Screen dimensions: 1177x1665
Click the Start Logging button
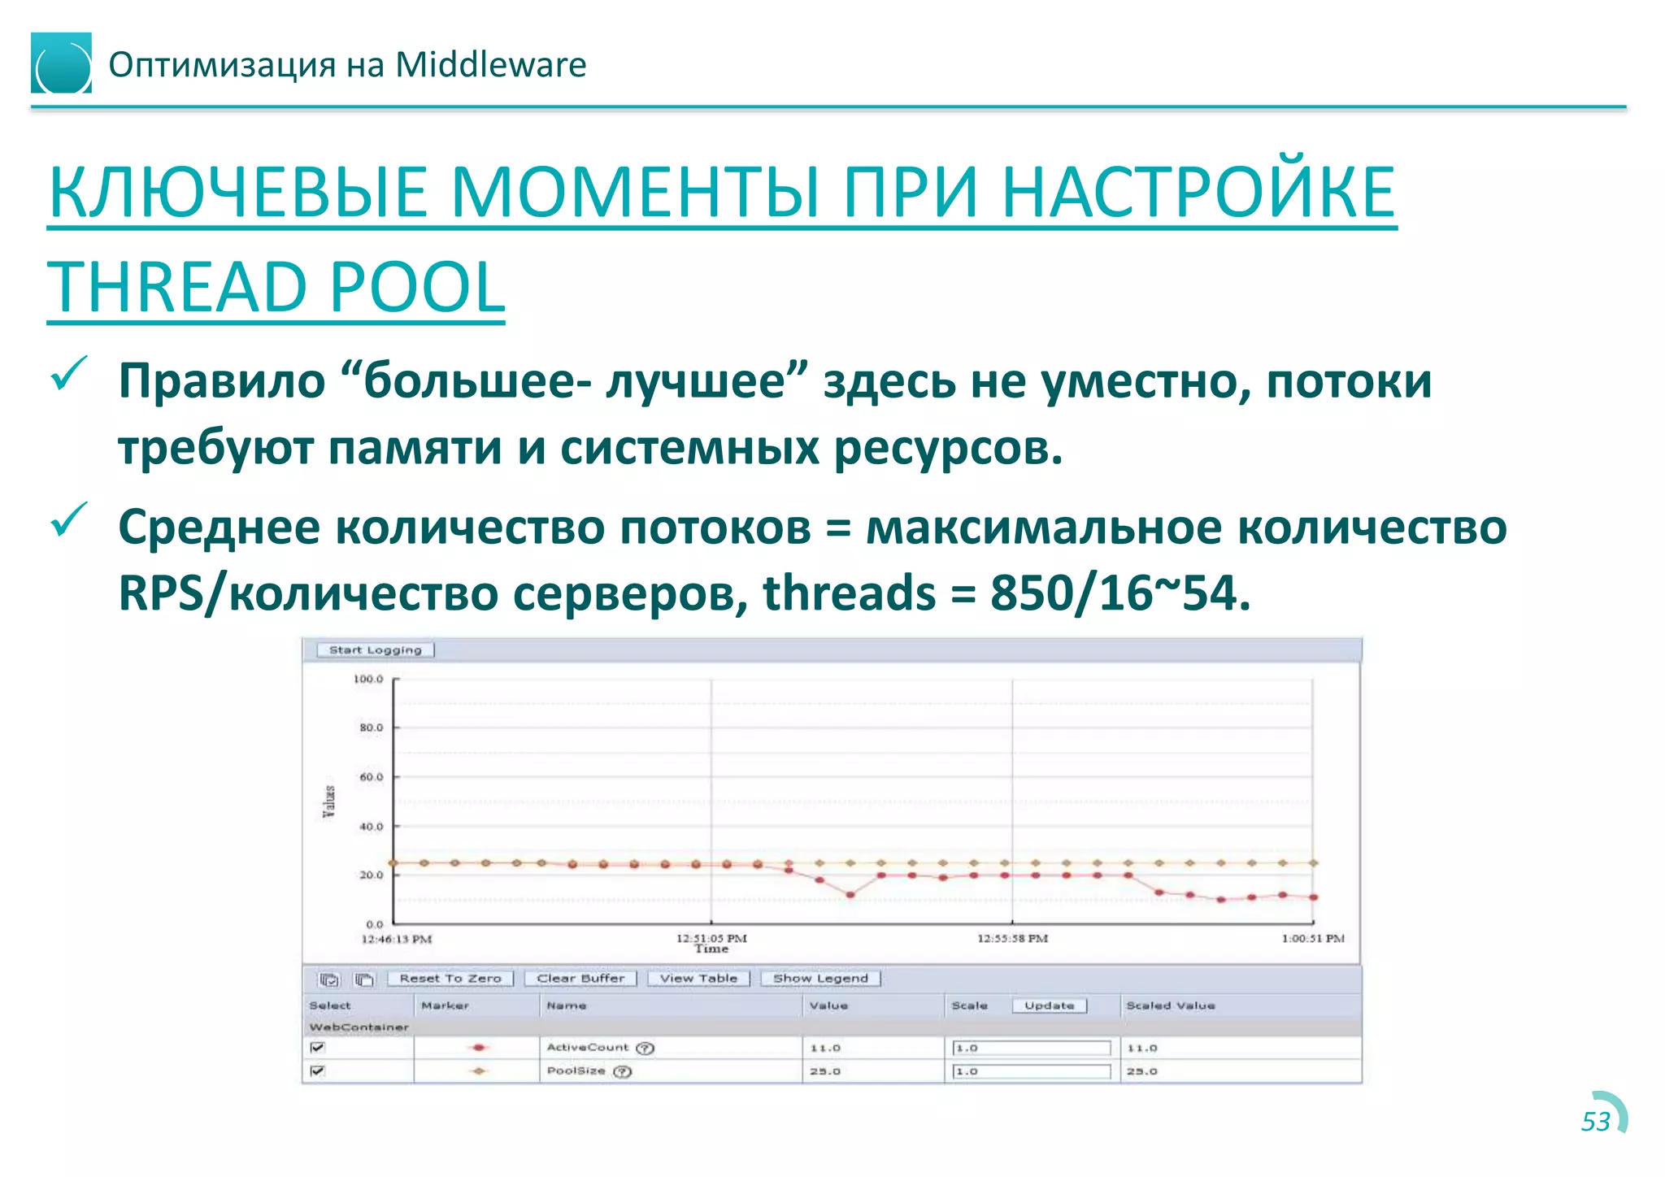click(x=376, y=650)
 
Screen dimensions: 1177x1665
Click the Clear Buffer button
click(x=580, y=979)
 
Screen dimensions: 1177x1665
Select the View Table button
click(x=698, y=979)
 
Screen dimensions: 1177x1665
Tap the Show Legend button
click(x=820, y=979)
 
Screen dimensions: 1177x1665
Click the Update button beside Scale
click(x=1049, y=1005)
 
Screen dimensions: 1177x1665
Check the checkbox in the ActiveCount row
click(x=318, y=1048)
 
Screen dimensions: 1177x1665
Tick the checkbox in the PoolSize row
click(x=318, y=1071)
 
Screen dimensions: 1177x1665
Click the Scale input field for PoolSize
click(x=1031, y=1071)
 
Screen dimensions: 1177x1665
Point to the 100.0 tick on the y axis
click(x=368, y=679)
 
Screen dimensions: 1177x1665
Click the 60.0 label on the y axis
click(x=371, y=777)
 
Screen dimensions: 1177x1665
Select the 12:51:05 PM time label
click(x=711, y=938)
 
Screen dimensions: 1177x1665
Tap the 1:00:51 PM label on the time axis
click(x=1312, y=938)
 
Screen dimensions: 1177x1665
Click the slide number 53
click(x=1595, y=1122)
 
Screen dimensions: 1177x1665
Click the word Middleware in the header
click(x=490, y=65)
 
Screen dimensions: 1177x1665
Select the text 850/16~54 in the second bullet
click(x=1119, y=593)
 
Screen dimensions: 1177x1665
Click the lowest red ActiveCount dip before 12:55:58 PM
click(x=850, y=895)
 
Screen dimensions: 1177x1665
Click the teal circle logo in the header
click(x=62, y=63)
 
